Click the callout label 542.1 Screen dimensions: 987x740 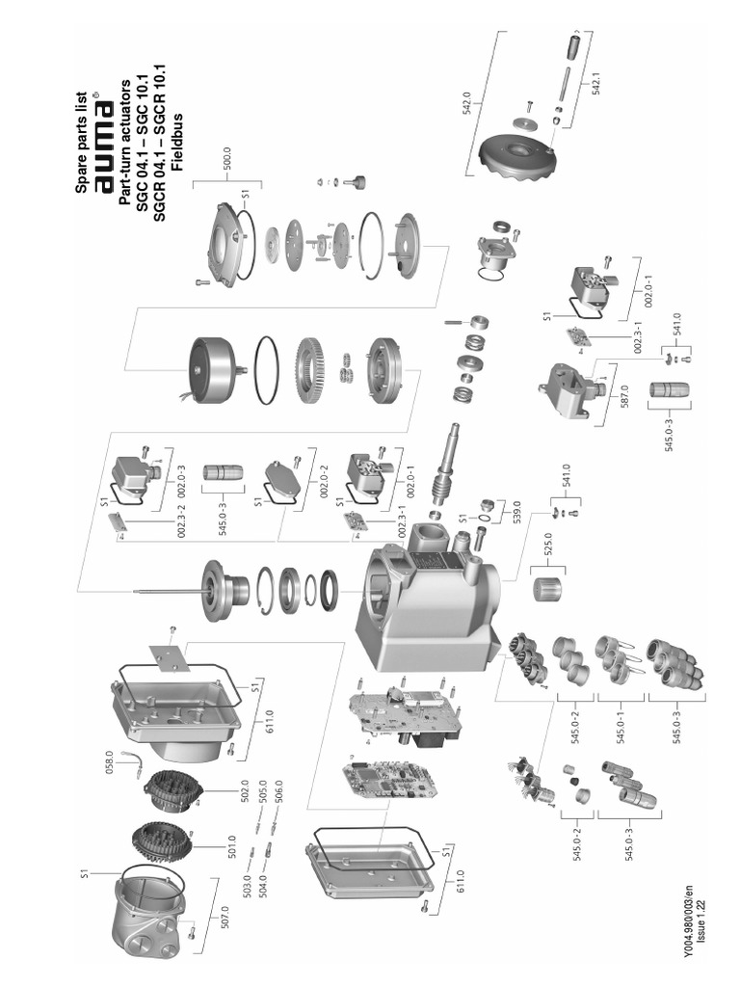[x=595, y=86]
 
